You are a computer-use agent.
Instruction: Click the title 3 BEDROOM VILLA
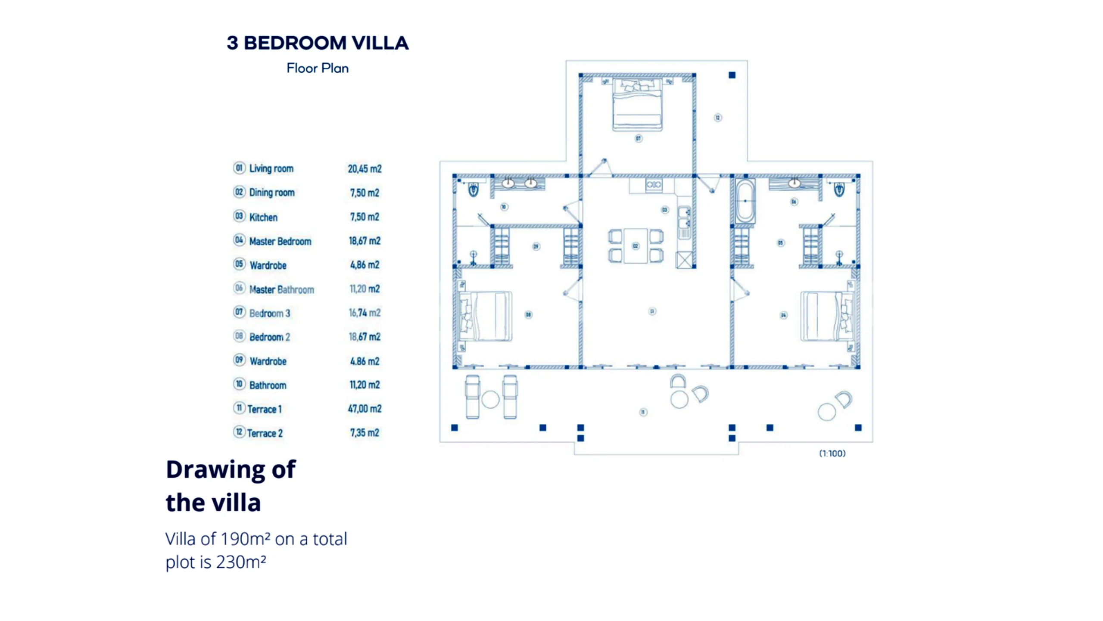pos(318,43)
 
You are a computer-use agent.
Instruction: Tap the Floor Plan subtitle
pos(318,68)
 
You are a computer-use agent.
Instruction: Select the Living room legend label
pos(271,168)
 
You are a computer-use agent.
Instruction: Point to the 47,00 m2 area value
pos(365,408)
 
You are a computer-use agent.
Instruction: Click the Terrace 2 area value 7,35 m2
pos(365,432)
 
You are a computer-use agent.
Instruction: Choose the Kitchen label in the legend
pos(263,217)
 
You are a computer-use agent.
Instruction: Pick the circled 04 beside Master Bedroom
pos(239,240)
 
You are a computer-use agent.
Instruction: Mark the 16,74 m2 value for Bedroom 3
pos(365,313)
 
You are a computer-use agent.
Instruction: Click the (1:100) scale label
pos(832,453)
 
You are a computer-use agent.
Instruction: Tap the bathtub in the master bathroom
pos(745,201)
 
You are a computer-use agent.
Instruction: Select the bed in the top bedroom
pos(637,105)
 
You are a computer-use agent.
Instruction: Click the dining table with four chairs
pos(636,246)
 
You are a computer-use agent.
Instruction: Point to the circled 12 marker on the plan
pos(717,118)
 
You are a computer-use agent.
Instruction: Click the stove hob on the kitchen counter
pos(654,185)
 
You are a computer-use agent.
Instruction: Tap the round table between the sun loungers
pos(490,399)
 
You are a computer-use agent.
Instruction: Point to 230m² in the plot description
pos(241,562)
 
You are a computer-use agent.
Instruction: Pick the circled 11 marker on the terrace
pos(643,412)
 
